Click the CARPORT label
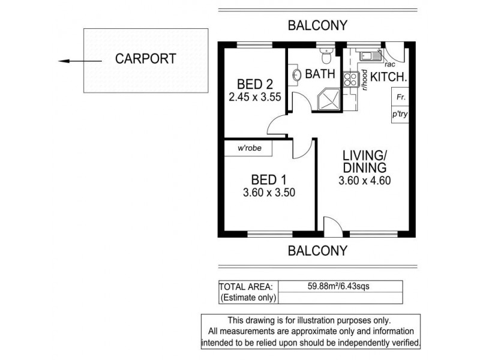pos(146,59)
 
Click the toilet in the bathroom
pos(326,57)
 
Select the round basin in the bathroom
pos(298,74)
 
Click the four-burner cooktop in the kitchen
pos(350,80)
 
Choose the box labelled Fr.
pos(399,97)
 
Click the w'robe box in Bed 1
pos(249,148)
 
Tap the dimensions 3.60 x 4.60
pos(364,180)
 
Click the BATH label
pos(320,75)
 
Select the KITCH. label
pos(388,77)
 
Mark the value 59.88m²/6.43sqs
pos(338,286)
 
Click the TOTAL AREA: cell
pos(246,286)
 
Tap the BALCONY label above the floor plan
pos(317,26)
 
